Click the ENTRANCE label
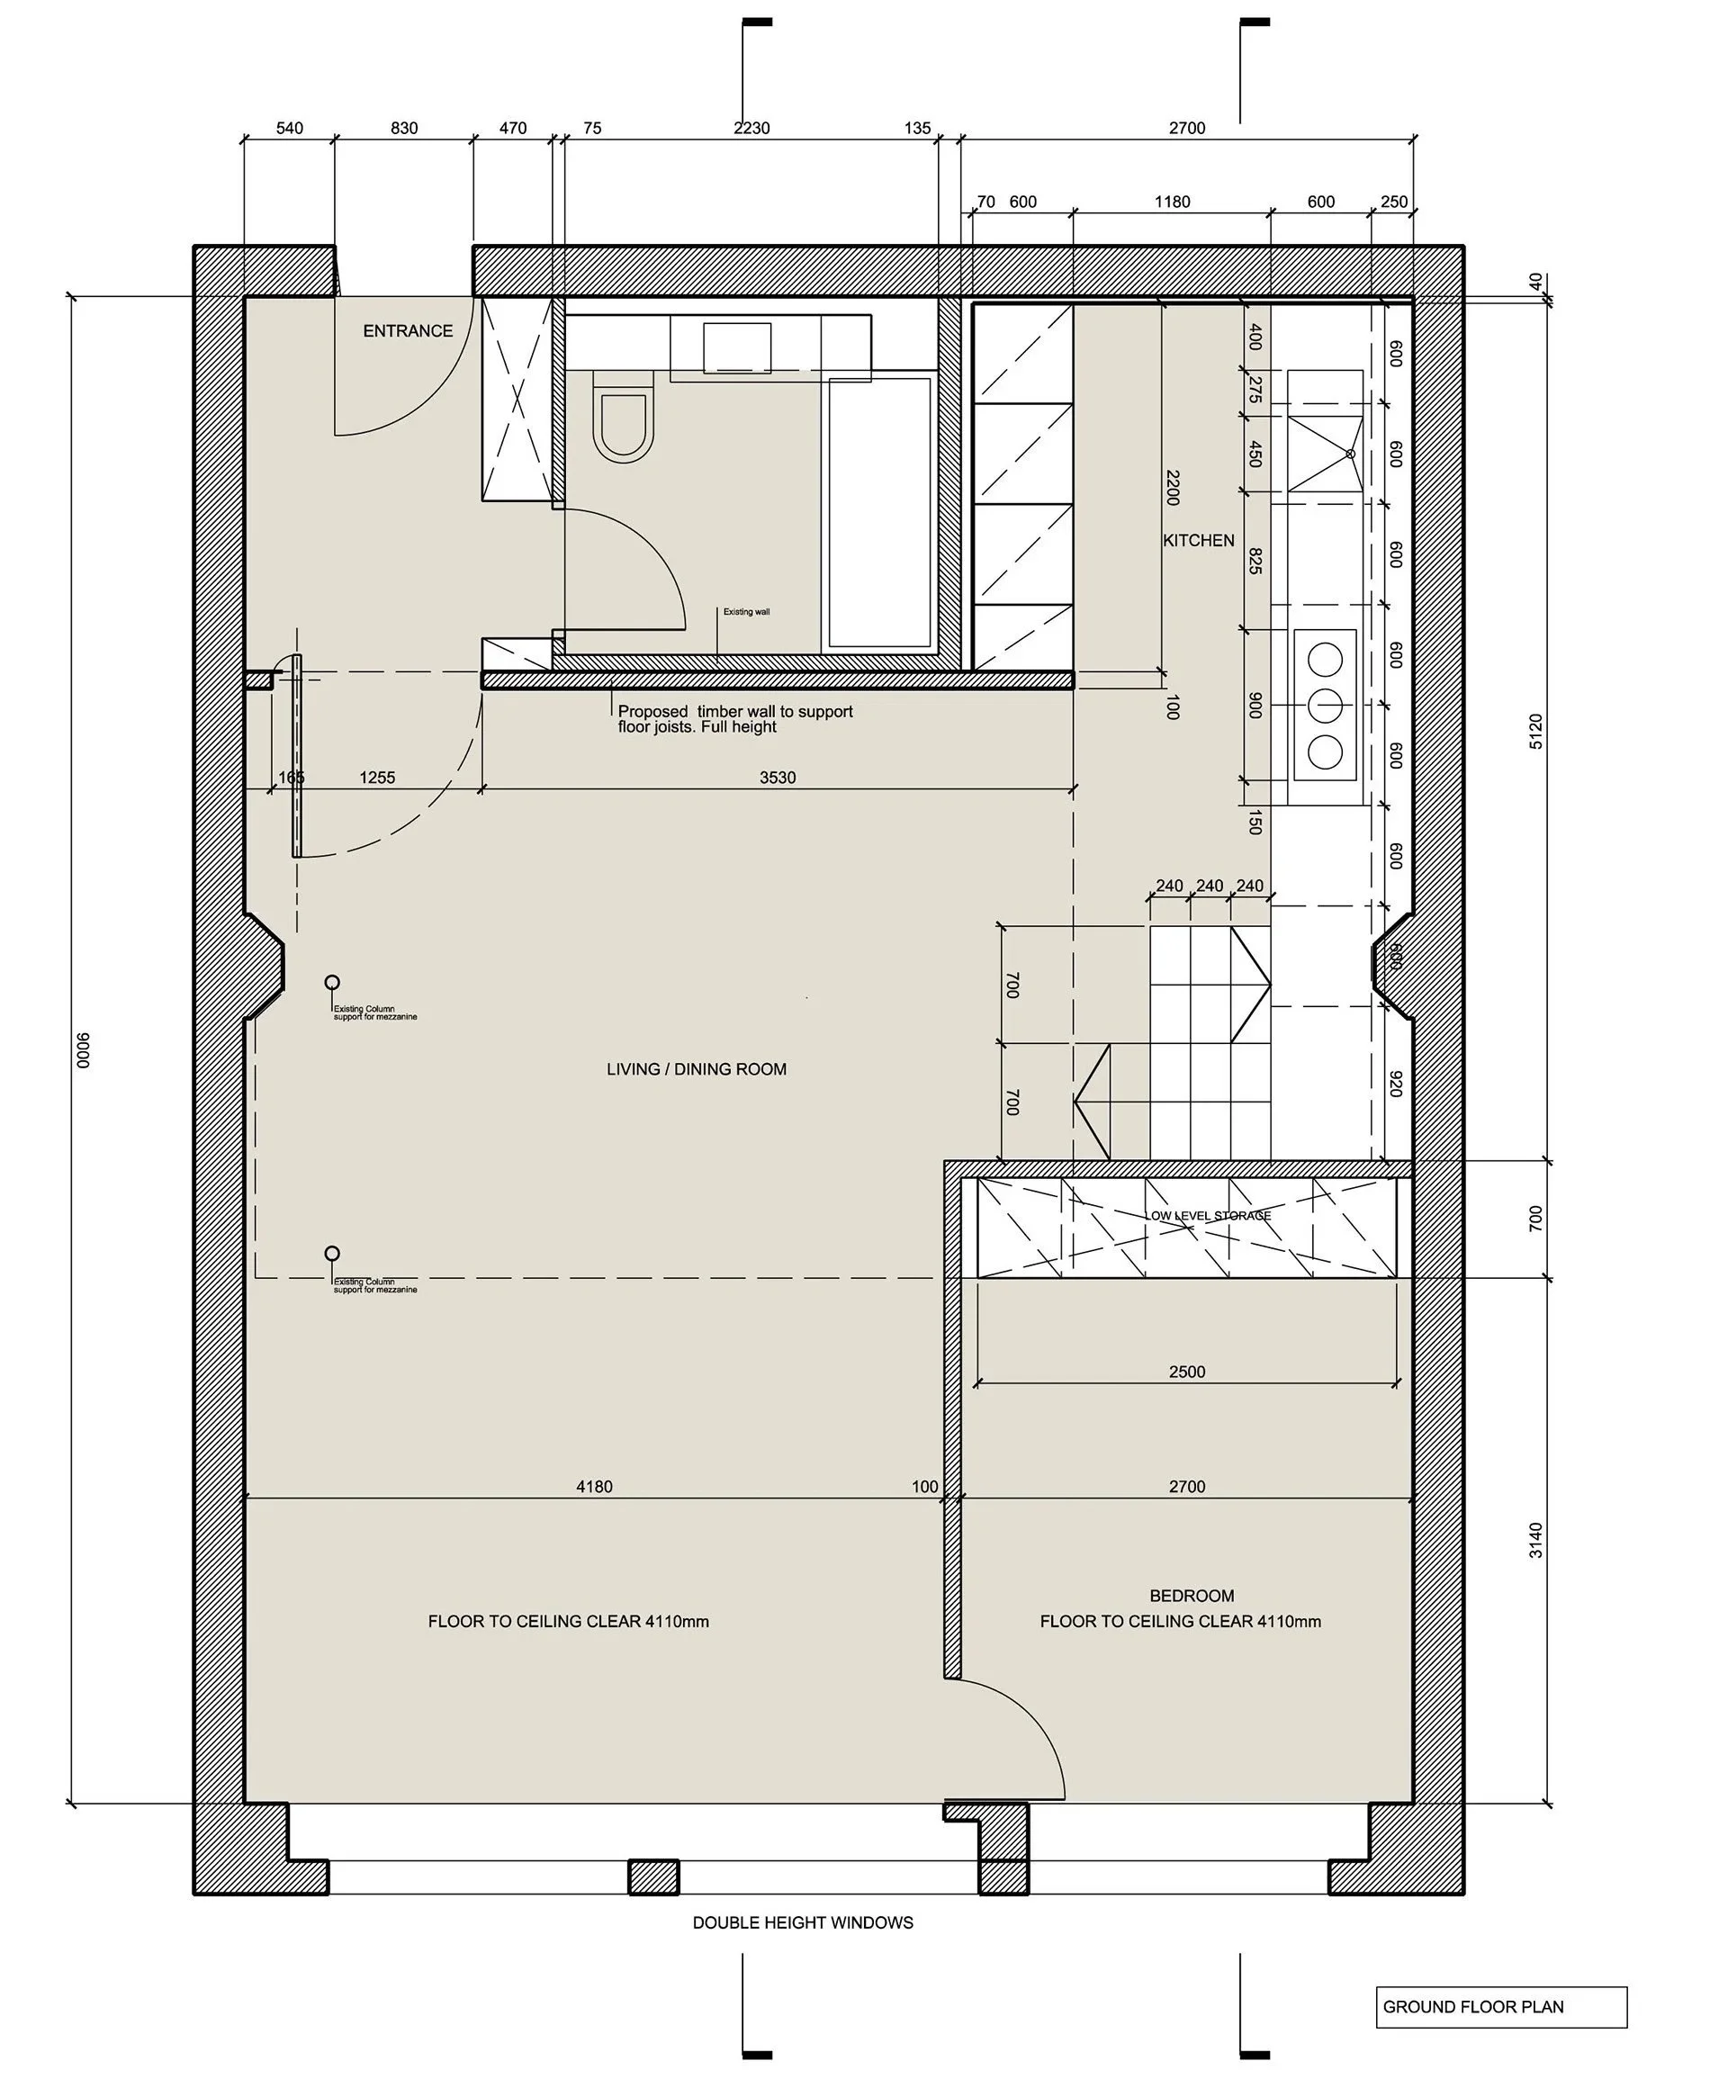(408, 331)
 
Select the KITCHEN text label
(1198, 540)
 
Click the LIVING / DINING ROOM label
(696, 1069)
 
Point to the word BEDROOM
(1191, 1595)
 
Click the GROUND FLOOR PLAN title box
(1500, 2006)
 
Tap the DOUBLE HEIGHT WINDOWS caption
(803, 1922)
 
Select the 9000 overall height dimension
(84, 1050)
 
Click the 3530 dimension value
(778, 778)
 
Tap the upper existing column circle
(332, 983)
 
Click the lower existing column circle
(332, 1254)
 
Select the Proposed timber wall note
(734, 719)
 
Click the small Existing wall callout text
(746, 611)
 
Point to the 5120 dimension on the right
(1535, 731)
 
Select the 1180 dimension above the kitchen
(1172, 202)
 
